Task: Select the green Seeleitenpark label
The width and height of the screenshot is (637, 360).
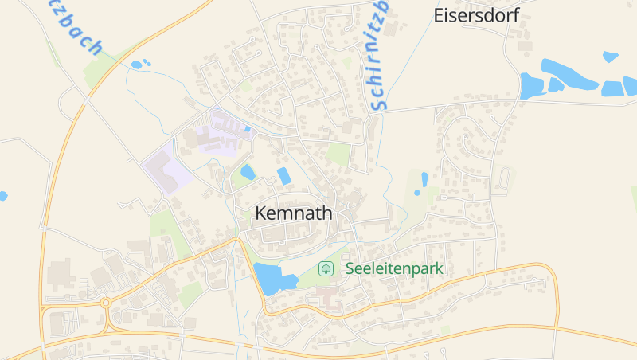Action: [x=393, y=268]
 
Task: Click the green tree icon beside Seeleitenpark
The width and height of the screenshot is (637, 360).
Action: [x=326, y=268]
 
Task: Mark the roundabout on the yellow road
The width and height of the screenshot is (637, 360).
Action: [x=104, y=303]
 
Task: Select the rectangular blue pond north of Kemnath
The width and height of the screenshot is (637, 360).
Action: [x=283, y=175]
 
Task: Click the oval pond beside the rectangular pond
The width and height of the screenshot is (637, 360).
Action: [x=248, y=171]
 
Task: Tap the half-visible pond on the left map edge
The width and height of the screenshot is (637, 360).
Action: [x=2, y=195]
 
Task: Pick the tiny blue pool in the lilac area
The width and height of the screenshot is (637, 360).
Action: [x=248, y=127]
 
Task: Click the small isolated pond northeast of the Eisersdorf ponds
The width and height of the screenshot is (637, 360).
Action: [x=611, y=57]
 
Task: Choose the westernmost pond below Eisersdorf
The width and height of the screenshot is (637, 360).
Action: [x=529, y=85]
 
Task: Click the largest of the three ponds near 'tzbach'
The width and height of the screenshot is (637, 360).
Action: [x=136, y=65]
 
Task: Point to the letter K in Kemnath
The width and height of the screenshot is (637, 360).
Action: [x=260, y=213]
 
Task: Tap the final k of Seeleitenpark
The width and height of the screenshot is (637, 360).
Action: [x=439, y=268]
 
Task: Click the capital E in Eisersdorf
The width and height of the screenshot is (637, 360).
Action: [x=438, y=14]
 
